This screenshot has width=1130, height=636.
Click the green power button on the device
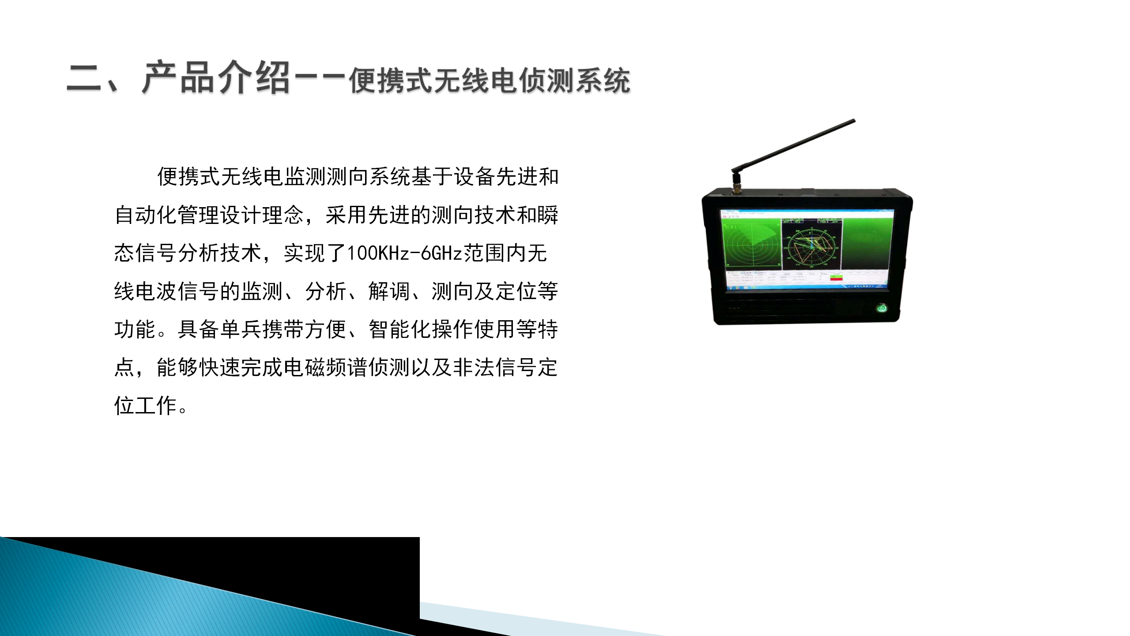point(881,308)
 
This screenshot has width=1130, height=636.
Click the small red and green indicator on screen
point(836,277)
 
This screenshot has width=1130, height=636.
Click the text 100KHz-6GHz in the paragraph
point(405,254)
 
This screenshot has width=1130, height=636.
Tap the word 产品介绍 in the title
point(216,78)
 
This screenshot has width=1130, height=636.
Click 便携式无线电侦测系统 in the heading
point(490,81)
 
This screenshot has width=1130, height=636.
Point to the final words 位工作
point(146,405)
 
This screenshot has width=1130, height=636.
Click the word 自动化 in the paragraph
point(146,215)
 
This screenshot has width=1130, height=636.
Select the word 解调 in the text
point(389,291)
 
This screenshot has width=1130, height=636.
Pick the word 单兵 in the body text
point(241,329)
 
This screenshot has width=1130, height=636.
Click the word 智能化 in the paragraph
point(400,329)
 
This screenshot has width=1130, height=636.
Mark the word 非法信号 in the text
point(495,367)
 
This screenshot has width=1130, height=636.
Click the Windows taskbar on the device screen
point(808,287)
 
